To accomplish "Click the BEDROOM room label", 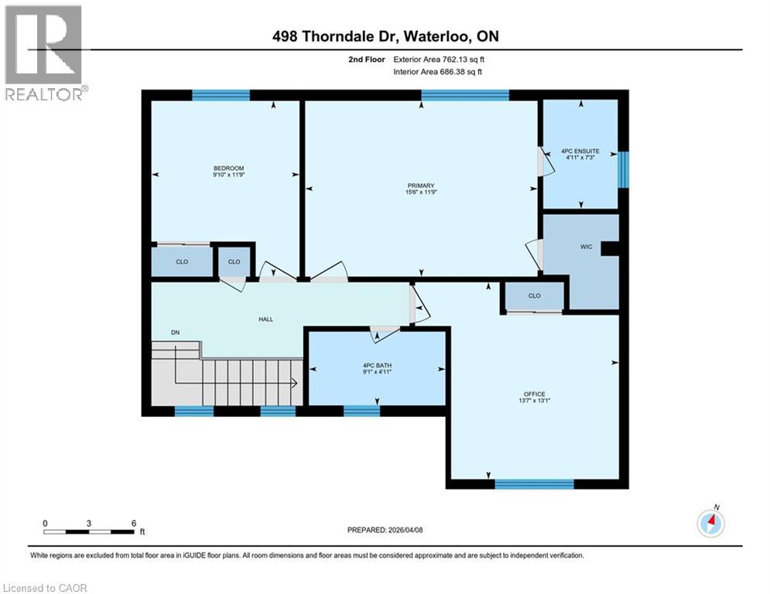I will (x=228, y=169).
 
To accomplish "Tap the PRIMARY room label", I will (x=421, y=186).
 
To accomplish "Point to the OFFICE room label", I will (x=534, y=395).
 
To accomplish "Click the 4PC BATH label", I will (x=377, y=366).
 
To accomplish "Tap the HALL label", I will (x=265, y=319).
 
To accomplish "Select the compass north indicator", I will (x=710, y=523).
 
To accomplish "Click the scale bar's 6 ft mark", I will (x=134, y=524).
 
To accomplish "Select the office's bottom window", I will (x=534, y=484).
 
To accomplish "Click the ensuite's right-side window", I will (x=623, y=169).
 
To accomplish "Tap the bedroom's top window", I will (x=221, y=95).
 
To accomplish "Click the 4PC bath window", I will (x=361, y=411).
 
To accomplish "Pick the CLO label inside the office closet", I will (x=534, y=295).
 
